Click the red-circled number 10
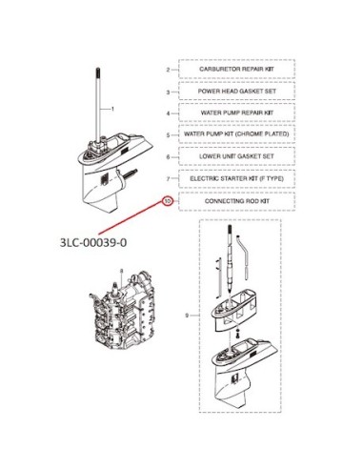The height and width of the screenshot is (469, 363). (168, 201)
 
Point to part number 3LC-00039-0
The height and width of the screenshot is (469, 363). (93, 242)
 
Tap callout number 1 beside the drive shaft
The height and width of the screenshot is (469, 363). (112, 109)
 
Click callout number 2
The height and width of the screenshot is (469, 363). (168, 70)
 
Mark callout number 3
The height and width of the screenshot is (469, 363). (168, 92)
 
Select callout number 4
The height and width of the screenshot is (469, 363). (168, 113)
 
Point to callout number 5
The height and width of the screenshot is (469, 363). (168, 135)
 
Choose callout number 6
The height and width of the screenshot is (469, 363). (168, 157)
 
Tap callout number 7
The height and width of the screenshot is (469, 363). (168, 178)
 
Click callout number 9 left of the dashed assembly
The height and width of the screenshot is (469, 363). (187, 316)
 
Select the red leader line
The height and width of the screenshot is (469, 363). (131, 217)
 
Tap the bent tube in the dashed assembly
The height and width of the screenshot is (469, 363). (244, 257)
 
